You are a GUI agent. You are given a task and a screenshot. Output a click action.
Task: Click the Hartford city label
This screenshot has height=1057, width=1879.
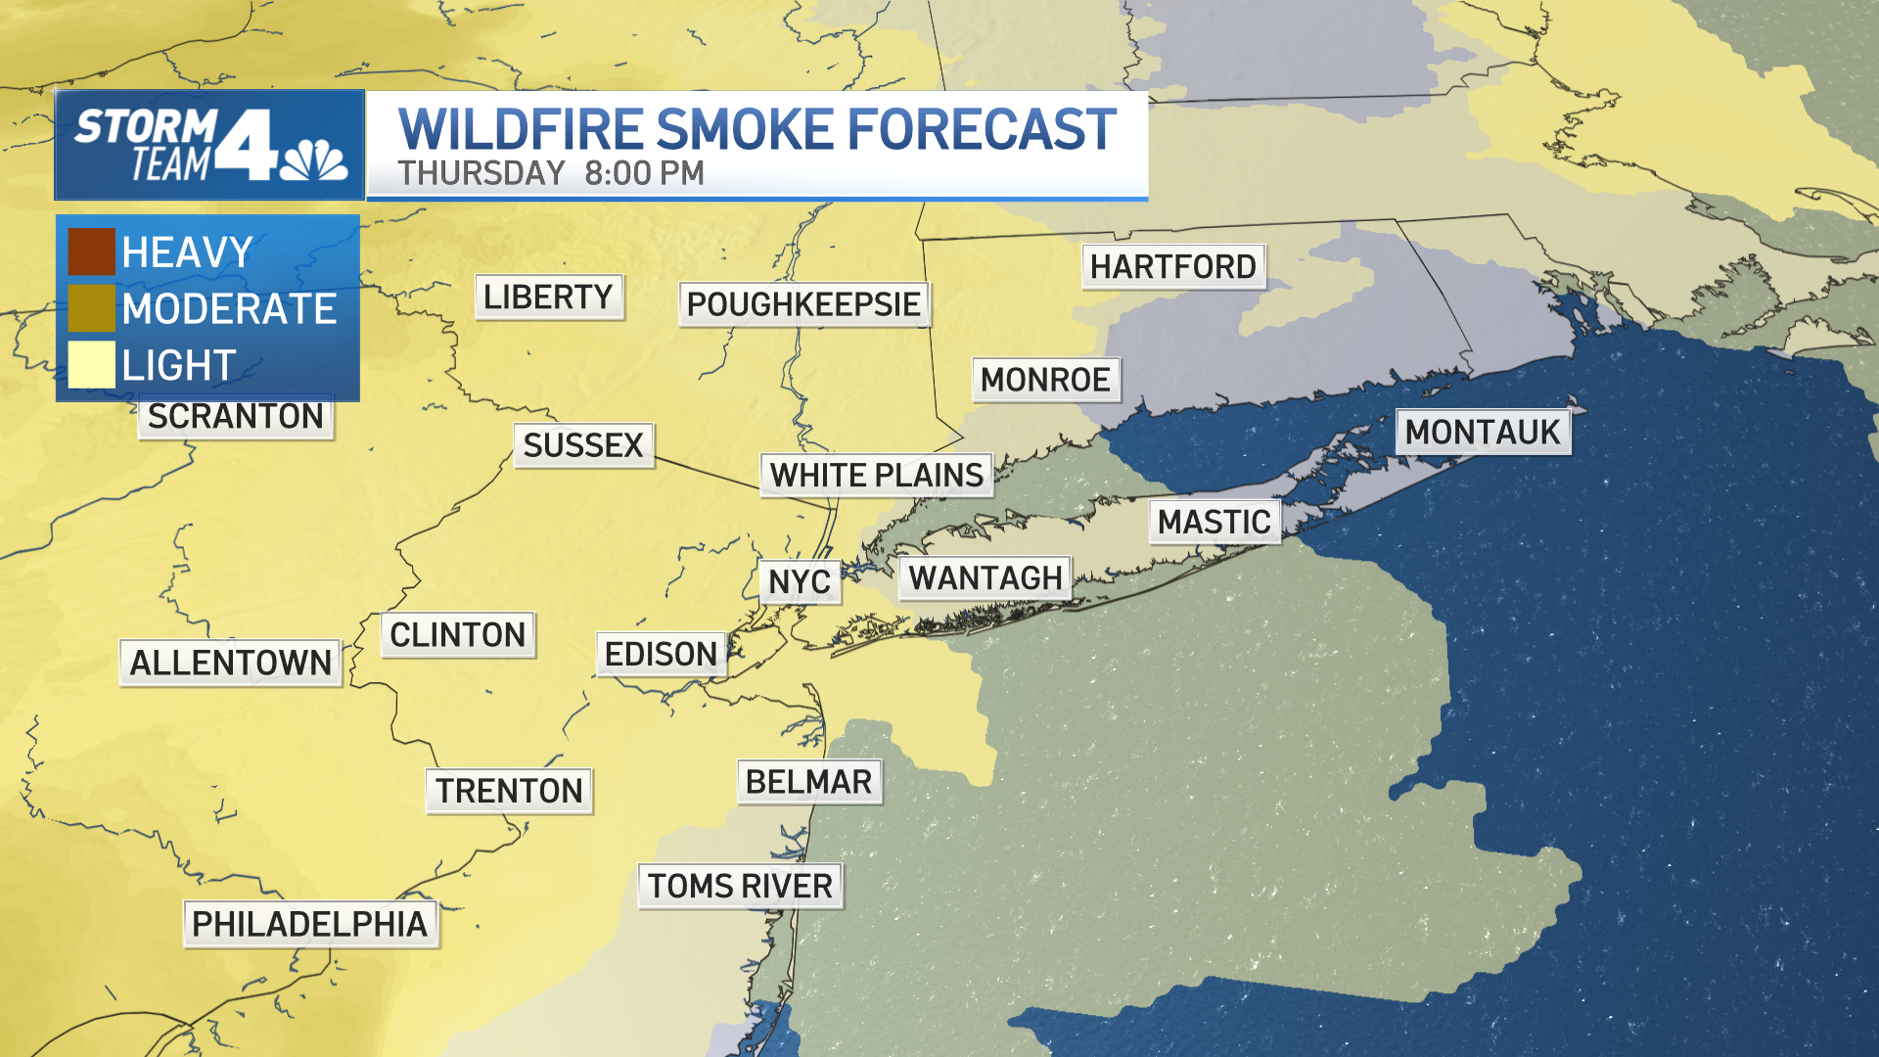tap(1172, 266)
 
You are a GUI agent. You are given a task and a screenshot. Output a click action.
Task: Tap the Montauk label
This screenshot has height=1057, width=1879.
tap(1482, 432)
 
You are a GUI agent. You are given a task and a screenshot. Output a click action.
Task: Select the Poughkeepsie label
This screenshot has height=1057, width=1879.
tap(803, 304)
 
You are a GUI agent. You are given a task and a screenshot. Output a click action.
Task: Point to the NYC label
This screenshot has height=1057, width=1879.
tap(800, 582)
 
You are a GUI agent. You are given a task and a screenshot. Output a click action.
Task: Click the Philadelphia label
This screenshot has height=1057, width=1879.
tap(310, 924)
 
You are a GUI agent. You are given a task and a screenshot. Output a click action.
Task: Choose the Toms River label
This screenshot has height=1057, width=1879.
tap(740, 886)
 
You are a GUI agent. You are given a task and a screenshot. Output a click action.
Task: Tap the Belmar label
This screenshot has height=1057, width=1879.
tap(808, 782)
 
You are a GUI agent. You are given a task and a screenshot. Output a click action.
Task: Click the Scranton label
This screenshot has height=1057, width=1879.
tap(236, 417)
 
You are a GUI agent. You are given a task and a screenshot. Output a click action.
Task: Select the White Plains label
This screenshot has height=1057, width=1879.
tap(876, 476)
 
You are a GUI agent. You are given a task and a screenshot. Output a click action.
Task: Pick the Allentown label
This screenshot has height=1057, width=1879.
tap(231, 663)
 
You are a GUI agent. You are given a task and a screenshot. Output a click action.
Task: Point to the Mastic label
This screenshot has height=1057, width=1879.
tap(1214, 523)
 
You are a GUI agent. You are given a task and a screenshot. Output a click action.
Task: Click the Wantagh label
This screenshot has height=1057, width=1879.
tap(985, 578)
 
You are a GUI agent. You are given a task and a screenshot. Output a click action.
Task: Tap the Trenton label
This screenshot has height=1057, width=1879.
tap(509, 791)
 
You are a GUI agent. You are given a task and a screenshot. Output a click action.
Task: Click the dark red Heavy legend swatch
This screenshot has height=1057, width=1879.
tap(91, 252)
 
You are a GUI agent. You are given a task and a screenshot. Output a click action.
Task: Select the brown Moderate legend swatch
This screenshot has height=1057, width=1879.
tap(91, 308)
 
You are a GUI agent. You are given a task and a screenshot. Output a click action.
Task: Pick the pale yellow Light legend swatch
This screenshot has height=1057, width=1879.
tap(91, 364)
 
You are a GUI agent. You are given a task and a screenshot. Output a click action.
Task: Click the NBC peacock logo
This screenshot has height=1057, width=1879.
tap(314, 161)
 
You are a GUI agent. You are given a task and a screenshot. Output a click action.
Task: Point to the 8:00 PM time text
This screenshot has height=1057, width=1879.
tap(644, 173)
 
